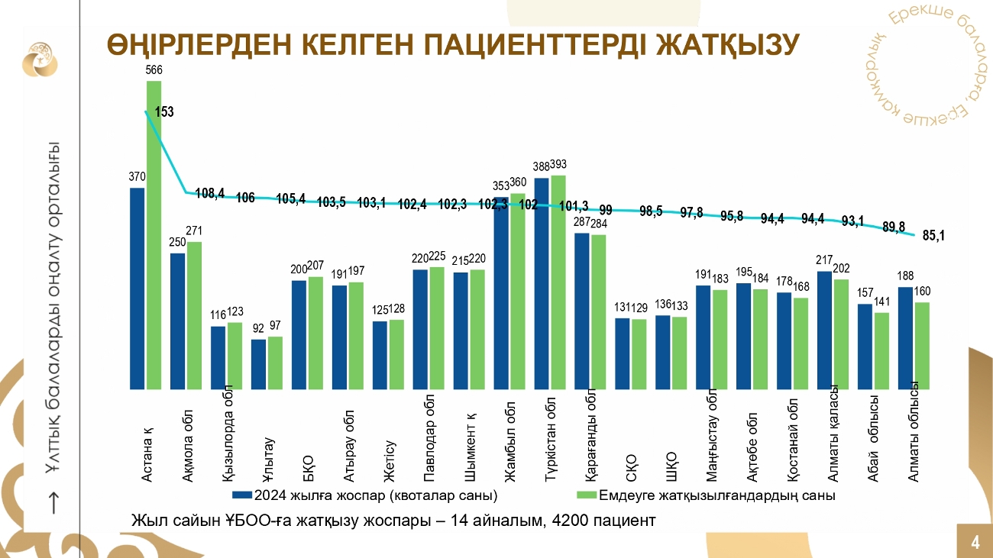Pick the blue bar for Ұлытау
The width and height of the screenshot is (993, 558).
coord(259,365)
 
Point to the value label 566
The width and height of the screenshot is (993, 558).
coord(154,70)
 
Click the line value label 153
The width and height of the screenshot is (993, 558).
coord(164,111)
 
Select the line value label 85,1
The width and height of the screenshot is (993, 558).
coord(933,236)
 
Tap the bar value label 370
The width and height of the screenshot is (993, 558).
coord(137,176)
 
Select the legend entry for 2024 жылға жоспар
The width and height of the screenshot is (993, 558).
coord(367,495)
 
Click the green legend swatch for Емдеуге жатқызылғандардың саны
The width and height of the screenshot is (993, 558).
coord(586,495)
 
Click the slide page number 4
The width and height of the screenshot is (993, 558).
coord(975,543)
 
